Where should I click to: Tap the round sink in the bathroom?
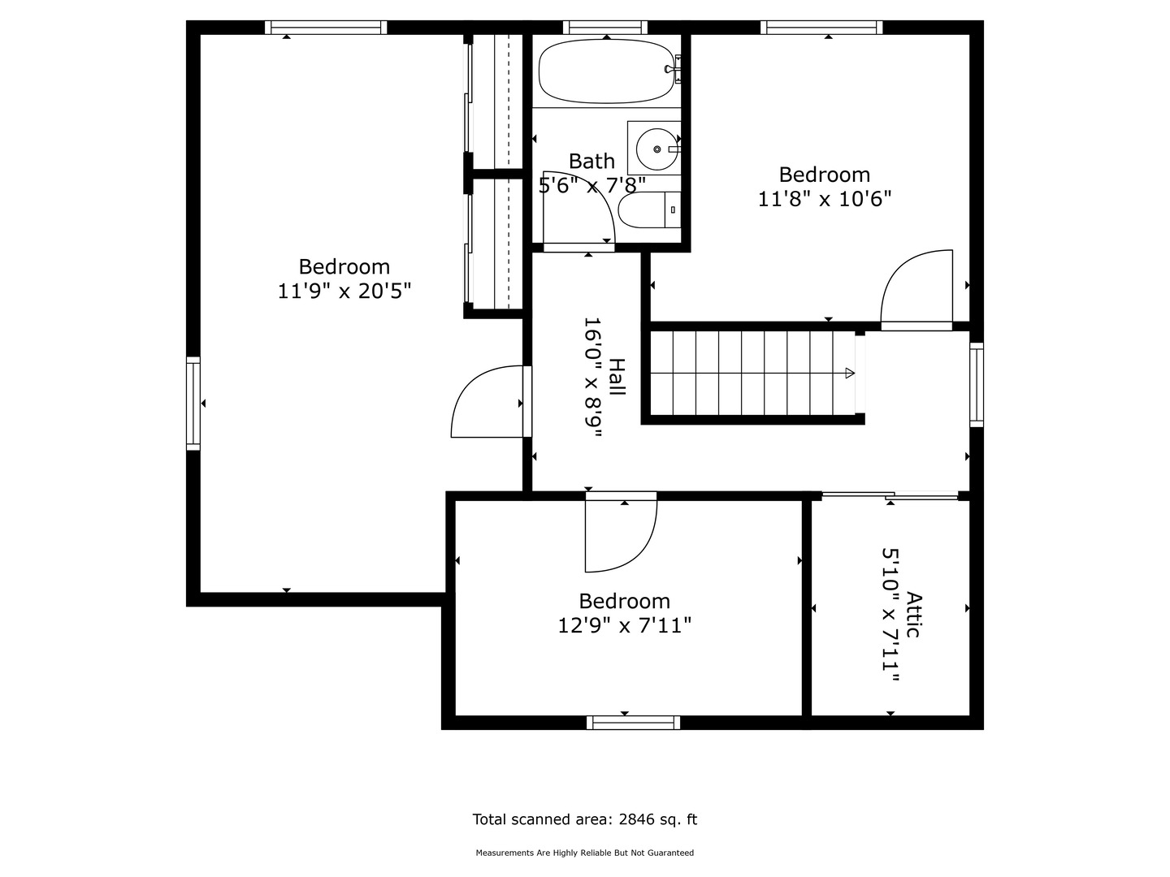(x=656, y=149)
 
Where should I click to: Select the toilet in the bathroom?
(x=647, y=211)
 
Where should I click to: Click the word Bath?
(x=591, y=161)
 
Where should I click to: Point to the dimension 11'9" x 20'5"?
(x=344, y=291)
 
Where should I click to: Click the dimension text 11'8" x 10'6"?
(x=825, y=199)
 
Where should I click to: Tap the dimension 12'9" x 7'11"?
(x=624, y=625)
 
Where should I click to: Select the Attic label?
(x=914, y=615)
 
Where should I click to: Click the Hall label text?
(x=617, y=378)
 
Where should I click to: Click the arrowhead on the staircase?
(x=849, y=373)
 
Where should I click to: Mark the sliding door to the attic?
(x=890, y=495)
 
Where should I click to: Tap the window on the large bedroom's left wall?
(x=193, y=403)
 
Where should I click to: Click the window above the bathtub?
(x=605, y=28)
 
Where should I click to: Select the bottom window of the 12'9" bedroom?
(x=633, y=723)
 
